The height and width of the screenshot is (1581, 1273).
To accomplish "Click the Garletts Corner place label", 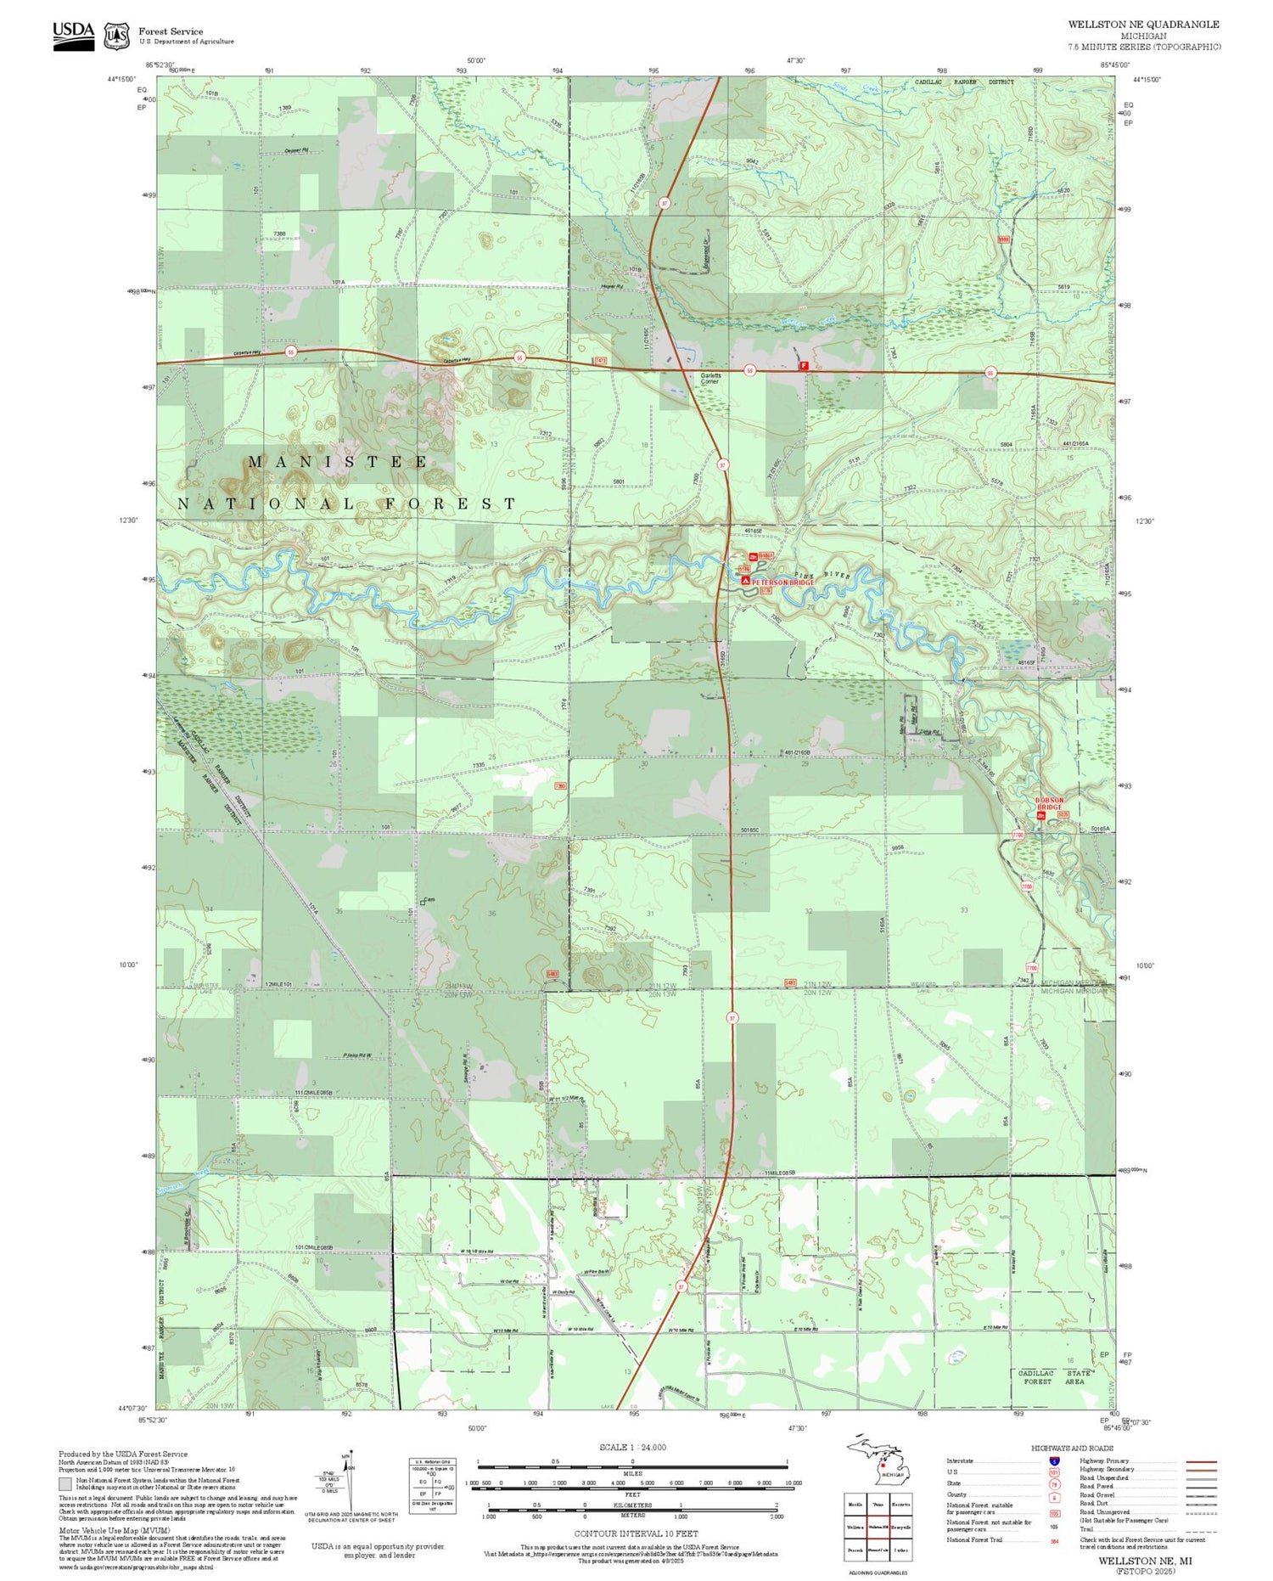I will click(709, 379).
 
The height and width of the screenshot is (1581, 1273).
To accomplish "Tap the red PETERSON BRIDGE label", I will click(782, 582).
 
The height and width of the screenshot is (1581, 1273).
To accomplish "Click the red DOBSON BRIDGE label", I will click(1049, 803).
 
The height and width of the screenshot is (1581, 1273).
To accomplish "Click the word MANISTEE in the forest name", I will click(338, 462).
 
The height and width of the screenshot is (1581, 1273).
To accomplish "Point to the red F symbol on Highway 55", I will click(804, 366).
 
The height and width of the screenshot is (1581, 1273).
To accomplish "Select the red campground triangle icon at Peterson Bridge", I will click(745, 581).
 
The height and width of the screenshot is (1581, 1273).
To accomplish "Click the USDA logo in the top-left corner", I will click(74, 35).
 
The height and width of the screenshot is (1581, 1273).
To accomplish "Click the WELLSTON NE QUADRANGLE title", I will click(1143, 25).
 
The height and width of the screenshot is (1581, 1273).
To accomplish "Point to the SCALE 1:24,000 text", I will click(632, 1448).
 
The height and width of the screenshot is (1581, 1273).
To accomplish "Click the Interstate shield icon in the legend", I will click(1054, 1461).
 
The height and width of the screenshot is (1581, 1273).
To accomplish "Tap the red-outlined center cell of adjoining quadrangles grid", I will click(878, 1527).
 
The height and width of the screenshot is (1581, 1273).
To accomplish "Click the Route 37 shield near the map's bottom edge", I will click(680, 1286).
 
